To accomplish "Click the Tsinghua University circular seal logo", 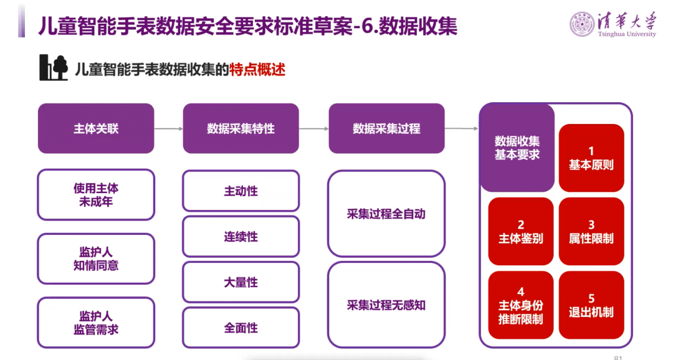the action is pyautogui.click(x=581, y=24).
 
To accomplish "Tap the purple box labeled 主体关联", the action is pyautogui.click(x=96, y=128).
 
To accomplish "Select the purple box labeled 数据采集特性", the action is pyautogui.click(x=241, y=128).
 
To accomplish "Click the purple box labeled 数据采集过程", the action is pyautogui.click(x=386, y=128).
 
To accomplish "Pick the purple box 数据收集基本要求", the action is pyautogui.click(x=517, y=148).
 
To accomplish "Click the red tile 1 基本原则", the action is pyautogui.click(x=591, y=158).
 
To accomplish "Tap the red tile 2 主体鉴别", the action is pyautogui.click(x=520, y=231).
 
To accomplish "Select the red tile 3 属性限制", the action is pyautogui.click(x=591, y=231).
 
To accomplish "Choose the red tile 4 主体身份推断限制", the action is pyautogui.click(x=520, y=305).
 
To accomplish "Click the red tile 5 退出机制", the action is pyautogui.click(x=591, y=305).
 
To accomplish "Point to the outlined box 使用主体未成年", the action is pyautogui.click(x=96, y=194).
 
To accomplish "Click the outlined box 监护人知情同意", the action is pyautogui.click(x=96, y=258).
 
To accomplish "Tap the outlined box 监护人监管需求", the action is pyautogui.click(x=96, y=322).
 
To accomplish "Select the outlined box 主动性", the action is pyautogui.click(x=241, y=191).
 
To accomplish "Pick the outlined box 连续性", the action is pyautogui.click(x=241, y=237).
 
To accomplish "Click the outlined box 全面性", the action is pyautogui.click(x=241, y=328).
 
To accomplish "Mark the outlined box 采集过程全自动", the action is pyautogui.click(x=386, y=214).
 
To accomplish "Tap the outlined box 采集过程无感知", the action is pyautogui.click(x=386, y=305).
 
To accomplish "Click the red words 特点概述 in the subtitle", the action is pyautogui.click(x=257, y=69).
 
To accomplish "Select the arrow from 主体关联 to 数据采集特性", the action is pyautogui.click(x=168, y=129).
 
